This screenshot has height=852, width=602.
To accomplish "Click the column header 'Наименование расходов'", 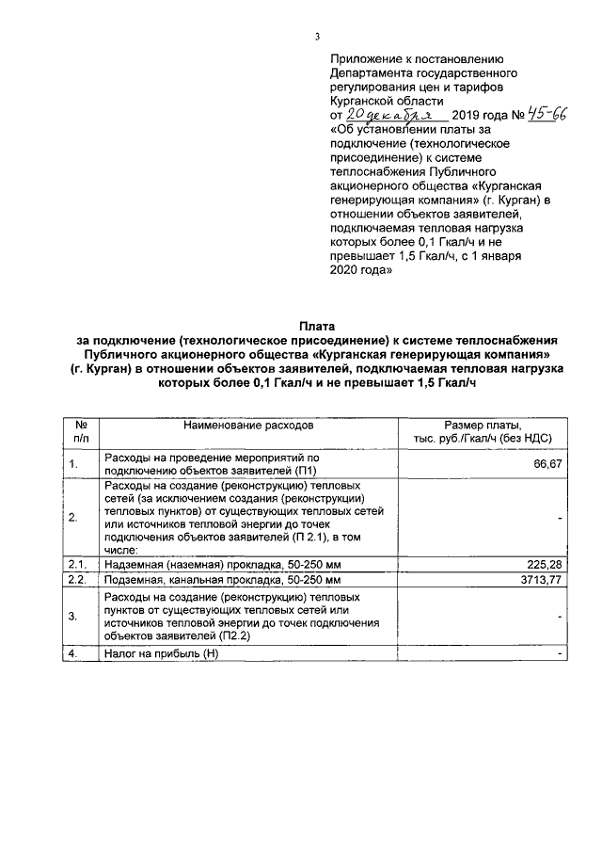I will tap(248, 426).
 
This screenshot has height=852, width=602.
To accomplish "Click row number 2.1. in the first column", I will tap(77, 564).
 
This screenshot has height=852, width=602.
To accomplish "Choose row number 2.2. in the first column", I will tap(77, 580).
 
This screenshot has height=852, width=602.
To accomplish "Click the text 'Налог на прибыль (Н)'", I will tap(161, 653).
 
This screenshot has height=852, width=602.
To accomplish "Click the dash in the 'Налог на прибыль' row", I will tap(560, 653).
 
